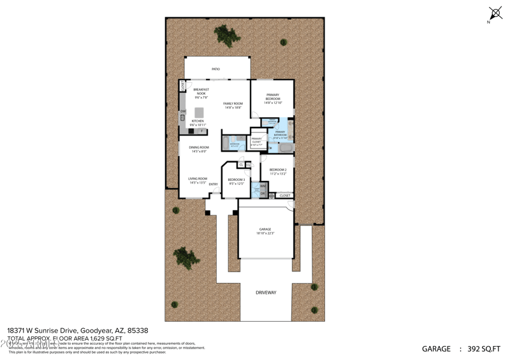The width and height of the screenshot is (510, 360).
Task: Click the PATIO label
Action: pos(215,69)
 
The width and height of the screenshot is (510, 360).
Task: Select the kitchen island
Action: pos(199,112)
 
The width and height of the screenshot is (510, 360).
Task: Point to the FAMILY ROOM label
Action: pos(233,105)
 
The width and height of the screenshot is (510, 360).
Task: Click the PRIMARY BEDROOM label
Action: pos(272,97)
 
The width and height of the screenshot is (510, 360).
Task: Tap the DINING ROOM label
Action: pos(198,149)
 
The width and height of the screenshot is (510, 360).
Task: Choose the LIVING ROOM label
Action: pos(198,180)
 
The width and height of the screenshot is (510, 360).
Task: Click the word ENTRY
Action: pos(213,184)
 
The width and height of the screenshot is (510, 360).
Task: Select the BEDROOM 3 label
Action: pos(237,181)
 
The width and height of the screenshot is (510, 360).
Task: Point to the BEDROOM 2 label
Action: pos(279,171)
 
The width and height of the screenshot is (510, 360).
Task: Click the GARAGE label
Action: pos(265,231)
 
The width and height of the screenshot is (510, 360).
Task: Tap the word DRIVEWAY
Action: pos(266,292)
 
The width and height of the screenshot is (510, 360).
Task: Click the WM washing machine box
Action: pos(263,186)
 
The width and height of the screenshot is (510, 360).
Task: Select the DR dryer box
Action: pos(263,194)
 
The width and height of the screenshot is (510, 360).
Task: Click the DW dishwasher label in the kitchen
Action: pos(182,112)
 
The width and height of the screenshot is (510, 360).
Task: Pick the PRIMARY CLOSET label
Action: pos(256,141)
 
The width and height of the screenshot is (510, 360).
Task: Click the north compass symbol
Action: pos(495,13)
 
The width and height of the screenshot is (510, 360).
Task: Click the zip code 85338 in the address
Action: pos(138,331)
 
